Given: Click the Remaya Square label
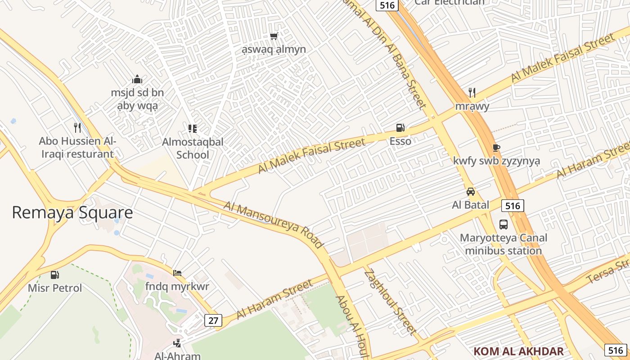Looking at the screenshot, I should pos(72,212).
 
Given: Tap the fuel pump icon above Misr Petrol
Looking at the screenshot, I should pos(55,274).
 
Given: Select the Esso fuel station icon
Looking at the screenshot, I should pos(400,128).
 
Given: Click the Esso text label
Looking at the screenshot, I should pos(400,141).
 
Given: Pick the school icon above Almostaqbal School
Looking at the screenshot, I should pos(193,129).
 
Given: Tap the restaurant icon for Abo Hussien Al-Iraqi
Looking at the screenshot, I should pos(77,128).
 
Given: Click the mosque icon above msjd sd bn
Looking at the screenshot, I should pos(137,80).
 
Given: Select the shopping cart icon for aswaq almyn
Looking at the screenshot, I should pos(274,36).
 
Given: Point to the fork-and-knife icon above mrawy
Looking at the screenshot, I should pos(472,93).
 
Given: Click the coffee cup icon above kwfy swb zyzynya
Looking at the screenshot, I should pos(496,148).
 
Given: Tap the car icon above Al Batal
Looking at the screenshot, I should pos(471,192).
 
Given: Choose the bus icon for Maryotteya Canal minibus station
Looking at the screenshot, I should pos(503,224).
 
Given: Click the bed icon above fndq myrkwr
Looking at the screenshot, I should pos(177,273).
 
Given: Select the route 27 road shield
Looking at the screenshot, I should pos(213,320).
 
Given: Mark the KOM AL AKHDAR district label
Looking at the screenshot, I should pos(518,351).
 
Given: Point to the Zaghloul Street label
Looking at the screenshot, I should pos(390,301).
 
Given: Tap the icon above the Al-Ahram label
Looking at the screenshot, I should pos(177,343).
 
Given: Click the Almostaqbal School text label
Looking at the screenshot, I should pos(193,148).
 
